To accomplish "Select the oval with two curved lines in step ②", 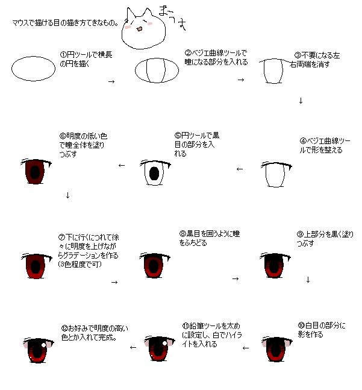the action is point(157,71).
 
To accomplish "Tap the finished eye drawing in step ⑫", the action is point(39,350).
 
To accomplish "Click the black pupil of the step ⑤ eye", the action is point(154,173).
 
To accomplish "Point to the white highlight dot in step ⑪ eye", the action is point(164,343).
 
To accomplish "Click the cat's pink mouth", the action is point(140,29).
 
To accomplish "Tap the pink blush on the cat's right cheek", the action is point(150,24).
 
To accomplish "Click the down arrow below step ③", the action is point(301,101).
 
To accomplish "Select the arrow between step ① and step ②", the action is point(111,81).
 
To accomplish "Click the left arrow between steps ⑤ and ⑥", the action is point(122,165).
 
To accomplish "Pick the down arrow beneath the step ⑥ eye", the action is point(67,195).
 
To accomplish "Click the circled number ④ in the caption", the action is point(303,141).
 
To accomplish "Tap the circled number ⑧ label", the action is point(183,233).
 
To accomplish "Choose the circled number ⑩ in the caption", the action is point(301,326).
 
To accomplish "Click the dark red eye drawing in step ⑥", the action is point(36,171).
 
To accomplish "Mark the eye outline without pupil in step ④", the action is point(276,174).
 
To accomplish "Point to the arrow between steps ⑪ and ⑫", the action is point(133,347).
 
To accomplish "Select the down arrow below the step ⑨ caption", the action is point(308,280).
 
